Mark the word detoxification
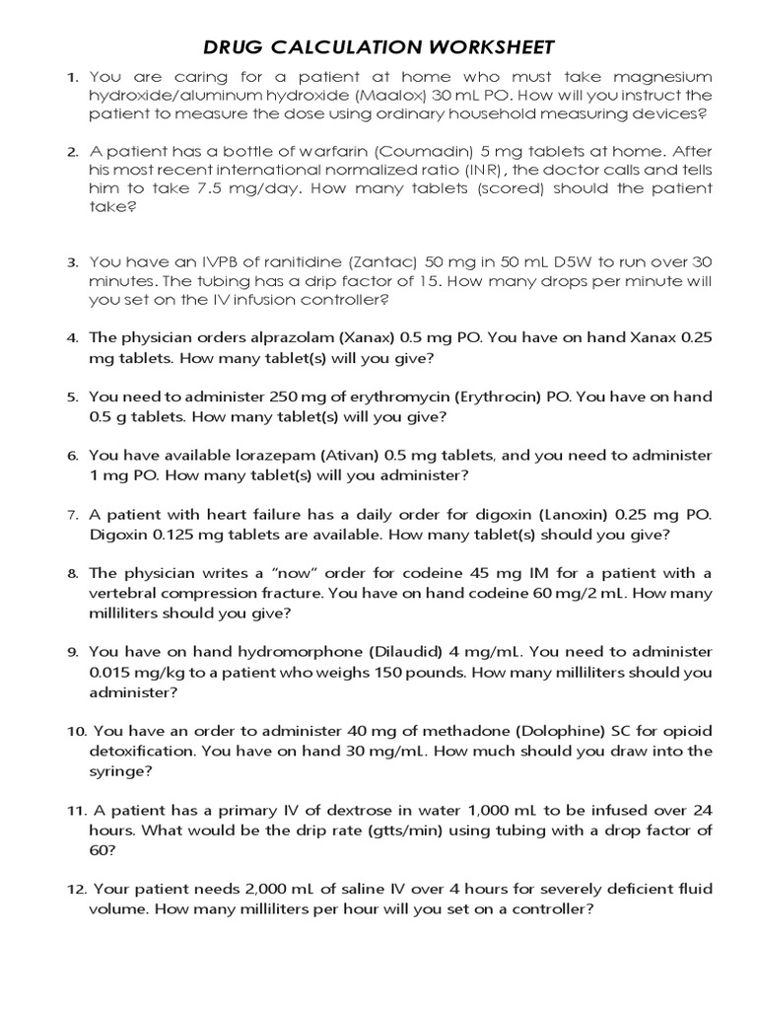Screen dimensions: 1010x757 tap(141, 751)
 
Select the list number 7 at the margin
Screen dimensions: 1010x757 tap(72, 515)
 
